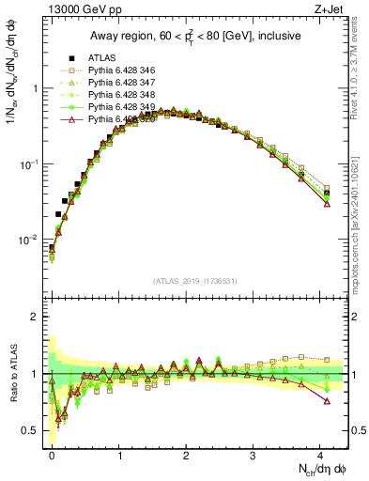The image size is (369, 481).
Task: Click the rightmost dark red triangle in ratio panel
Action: (327, 401)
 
